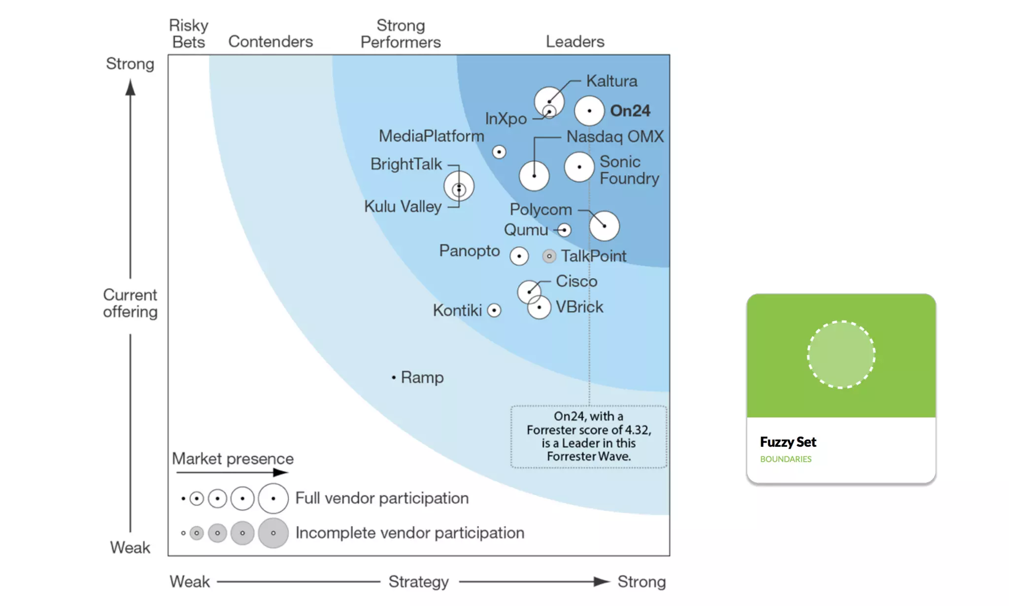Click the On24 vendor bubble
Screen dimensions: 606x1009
[589, 111]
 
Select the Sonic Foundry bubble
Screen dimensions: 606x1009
[579, 167]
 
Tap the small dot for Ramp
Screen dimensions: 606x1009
[394, 378]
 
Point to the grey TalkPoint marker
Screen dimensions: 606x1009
[549, 256]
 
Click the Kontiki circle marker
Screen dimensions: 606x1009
[494, 310]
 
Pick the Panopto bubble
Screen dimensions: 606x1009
[519, 256]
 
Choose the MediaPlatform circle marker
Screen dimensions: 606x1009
[499, 152]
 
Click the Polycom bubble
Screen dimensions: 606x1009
[604, 226]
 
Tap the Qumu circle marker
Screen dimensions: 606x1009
[564, 230]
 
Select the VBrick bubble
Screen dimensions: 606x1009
[539, 308]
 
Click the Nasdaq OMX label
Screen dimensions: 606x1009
[615, 137]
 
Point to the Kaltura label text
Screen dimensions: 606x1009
[611, 81]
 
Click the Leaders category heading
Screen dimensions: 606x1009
[575, 41]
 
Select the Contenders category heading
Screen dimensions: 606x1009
[270, 41]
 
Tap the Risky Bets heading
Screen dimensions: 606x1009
[189, 34]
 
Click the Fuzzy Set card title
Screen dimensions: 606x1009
[788, 442]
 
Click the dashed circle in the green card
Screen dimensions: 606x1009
[841, 355]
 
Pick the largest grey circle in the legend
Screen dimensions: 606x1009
[273, 533]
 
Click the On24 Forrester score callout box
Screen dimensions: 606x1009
[589, 436]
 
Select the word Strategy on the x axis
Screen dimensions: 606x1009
[418, 582]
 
